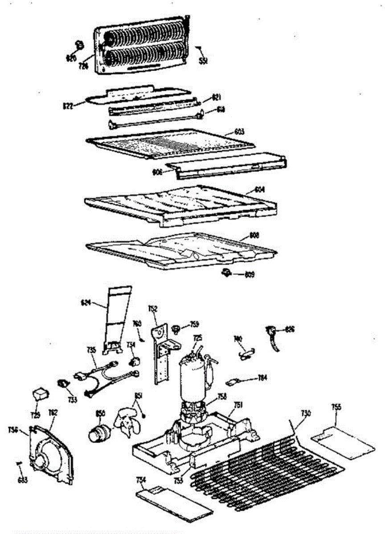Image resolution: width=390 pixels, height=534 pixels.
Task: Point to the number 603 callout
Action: (x=239, y=131)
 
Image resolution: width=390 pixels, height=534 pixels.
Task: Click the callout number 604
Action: (x=259, y=189)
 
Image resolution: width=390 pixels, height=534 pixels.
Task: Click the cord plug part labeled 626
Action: (x=271, y=334)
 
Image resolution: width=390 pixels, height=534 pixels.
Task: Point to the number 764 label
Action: (x=263, y=378)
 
